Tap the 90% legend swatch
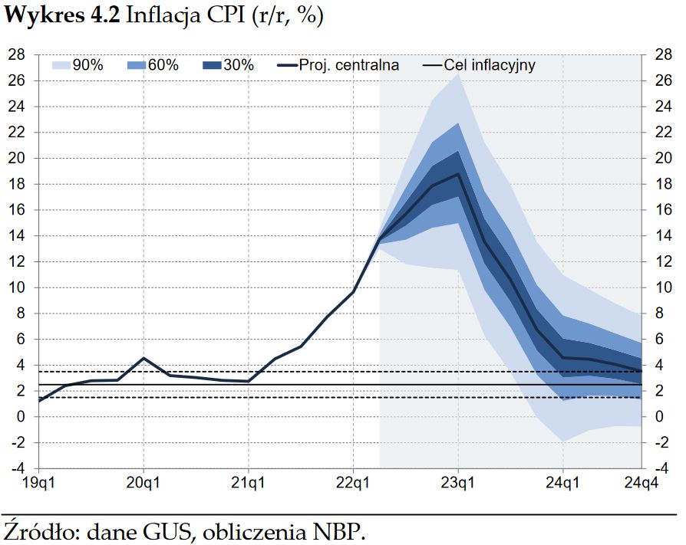(62, 66)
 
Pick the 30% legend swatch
(212, 66)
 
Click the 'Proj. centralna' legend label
(350, 66)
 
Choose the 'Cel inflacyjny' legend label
(490, 66)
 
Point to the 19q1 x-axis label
(38, 484)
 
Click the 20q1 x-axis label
(143, 484)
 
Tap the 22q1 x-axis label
(353, 484)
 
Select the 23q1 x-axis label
(458, 484)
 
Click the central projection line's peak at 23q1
(458, 174)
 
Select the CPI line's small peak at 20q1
(143, 358)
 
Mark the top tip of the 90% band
(458, 74)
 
